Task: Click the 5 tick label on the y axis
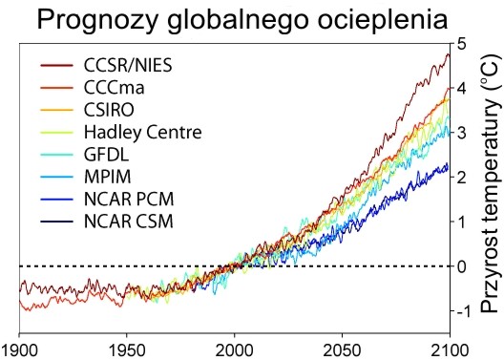point(461,44)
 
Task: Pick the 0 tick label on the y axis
point(461,266)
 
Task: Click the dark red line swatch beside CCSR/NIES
point(57,66)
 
